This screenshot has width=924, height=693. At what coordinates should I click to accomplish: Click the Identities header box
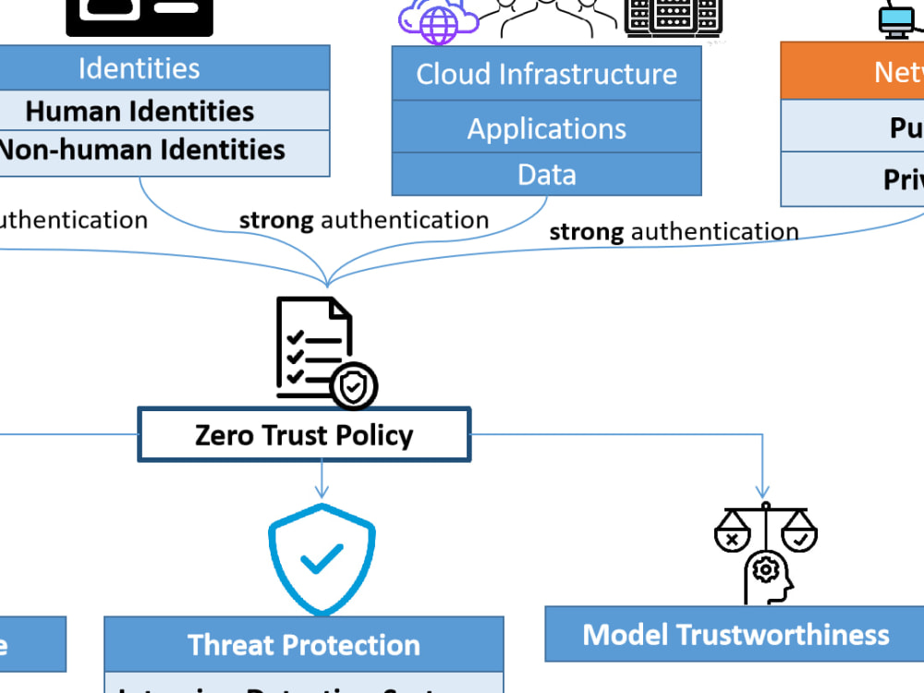tap(139, 68)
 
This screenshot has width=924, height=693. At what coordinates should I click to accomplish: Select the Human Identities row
tap(139, 111)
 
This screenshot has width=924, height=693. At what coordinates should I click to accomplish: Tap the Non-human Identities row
tap(139, 151)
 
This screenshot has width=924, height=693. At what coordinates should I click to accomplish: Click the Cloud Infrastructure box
tap(546, 74)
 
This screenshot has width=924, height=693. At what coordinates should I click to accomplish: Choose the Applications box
tap(546, 128)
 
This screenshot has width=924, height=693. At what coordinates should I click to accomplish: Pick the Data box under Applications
tap(546, 174)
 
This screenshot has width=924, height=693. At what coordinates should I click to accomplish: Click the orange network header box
tap(855, 71)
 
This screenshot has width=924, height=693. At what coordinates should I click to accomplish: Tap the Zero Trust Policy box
tap(304, 434)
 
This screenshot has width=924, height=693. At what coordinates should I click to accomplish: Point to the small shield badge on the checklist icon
tap(354, 386)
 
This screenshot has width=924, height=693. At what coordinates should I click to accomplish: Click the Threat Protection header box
tap(303, 644)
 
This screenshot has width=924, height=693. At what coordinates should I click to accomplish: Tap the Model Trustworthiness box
tap(735, 634)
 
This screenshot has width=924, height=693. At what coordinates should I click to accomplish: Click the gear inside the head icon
tap(765, 569)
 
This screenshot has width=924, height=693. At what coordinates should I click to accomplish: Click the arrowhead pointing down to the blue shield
tap(322, 492)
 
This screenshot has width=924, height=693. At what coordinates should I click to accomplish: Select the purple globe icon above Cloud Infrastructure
tap(438, 22)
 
